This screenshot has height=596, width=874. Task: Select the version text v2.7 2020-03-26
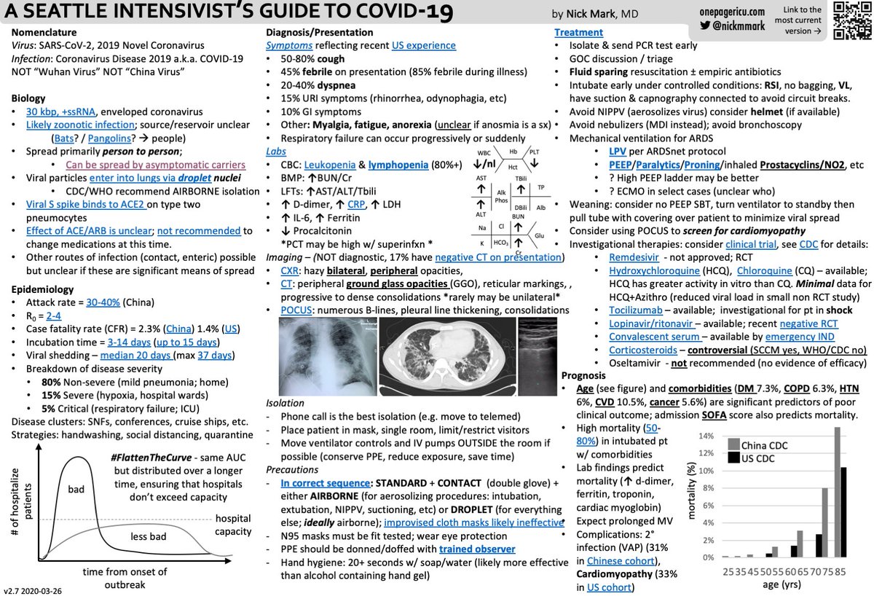pos(36,589)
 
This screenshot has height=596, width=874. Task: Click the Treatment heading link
pos(578,33)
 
